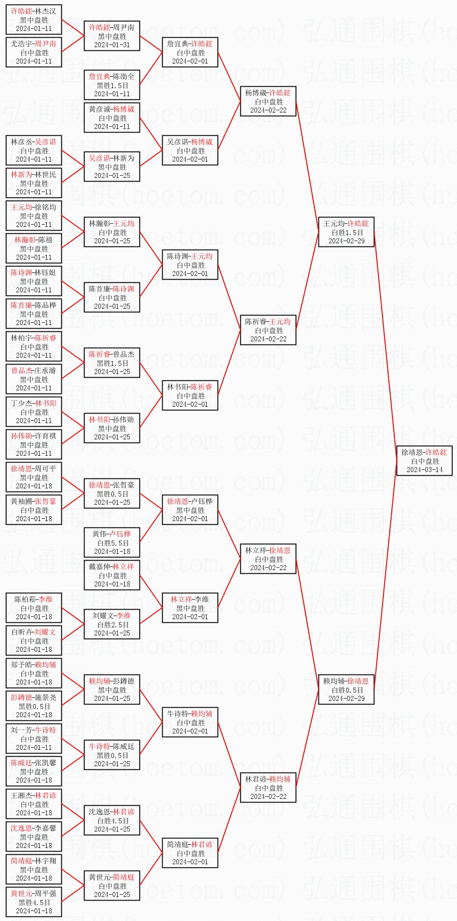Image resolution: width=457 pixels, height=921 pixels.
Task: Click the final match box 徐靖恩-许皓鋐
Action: [x=424, y=461]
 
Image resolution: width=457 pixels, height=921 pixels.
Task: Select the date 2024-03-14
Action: [x=424, y=470]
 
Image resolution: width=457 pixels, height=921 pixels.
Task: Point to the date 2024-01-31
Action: [x=112, y=45]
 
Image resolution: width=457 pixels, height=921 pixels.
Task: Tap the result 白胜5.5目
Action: [x=112, y=543]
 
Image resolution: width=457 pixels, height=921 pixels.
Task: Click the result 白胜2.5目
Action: [x=112, y=625]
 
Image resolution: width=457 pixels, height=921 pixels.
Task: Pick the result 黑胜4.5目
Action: [x=34, y=902]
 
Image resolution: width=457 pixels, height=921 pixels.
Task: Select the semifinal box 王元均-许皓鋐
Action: [x=346, y=232]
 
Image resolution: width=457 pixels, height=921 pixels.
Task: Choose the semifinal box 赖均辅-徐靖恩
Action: [x=346, y=690]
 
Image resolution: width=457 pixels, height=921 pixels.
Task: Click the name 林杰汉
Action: [x=46, y=11]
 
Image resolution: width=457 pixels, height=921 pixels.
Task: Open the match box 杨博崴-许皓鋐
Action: [x=268, y=101]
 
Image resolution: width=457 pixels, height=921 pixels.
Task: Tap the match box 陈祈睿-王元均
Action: [x=268, y=330]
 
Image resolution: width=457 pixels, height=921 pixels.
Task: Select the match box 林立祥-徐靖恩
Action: [x=268, y=559]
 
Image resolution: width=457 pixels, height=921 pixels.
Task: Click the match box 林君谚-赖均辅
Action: [x=268, y=788]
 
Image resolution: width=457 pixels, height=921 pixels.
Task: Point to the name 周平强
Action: [x=46, y=893]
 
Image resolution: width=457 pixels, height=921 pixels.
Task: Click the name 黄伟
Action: [x=99, y=534]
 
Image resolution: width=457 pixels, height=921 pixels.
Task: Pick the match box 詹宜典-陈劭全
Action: [x=112, y=85]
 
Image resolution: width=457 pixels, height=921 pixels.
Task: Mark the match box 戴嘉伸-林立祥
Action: [x=112, y=575]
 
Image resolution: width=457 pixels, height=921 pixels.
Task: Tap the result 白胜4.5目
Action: [x=112, y=821]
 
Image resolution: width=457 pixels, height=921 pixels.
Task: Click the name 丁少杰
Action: [x=21, y=403]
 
